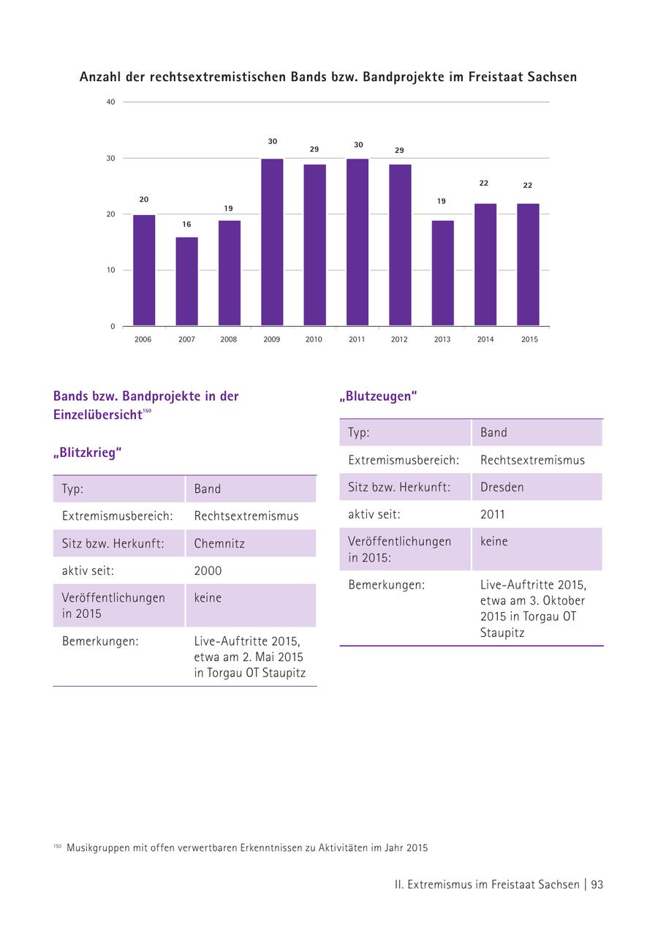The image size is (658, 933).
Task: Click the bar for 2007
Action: click(x=186, y=282)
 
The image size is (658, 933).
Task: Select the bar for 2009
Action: click(x=272, y=242)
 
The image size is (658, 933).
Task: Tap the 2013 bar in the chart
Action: click(x=442, y=273)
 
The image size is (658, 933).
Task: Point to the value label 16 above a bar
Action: click(x=186, y=224)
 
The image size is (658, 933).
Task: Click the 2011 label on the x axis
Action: click(x=357, y=339)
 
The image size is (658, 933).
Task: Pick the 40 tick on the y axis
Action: click(x=110, y=102)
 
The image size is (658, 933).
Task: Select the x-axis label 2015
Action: click(x=529, y=339)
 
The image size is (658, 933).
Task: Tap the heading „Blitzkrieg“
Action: click(x=87, y=453)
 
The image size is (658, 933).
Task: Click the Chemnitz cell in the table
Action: click(x=219, y=543)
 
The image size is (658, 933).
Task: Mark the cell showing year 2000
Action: click(x=208, y=570)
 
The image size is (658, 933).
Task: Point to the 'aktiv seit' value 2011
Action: click(x=493, y=514)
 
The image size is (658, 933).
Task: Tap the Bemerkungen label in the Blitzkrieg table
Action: click(x=100, y=641)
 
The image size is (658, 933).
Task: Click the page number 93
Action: click(x=597, y=884)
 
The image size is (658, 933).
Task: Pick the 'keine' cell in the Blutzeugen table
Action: click(x=494, y=542)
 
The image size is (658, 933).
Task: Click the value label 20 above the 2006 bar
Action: click(x=144, y=200)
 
